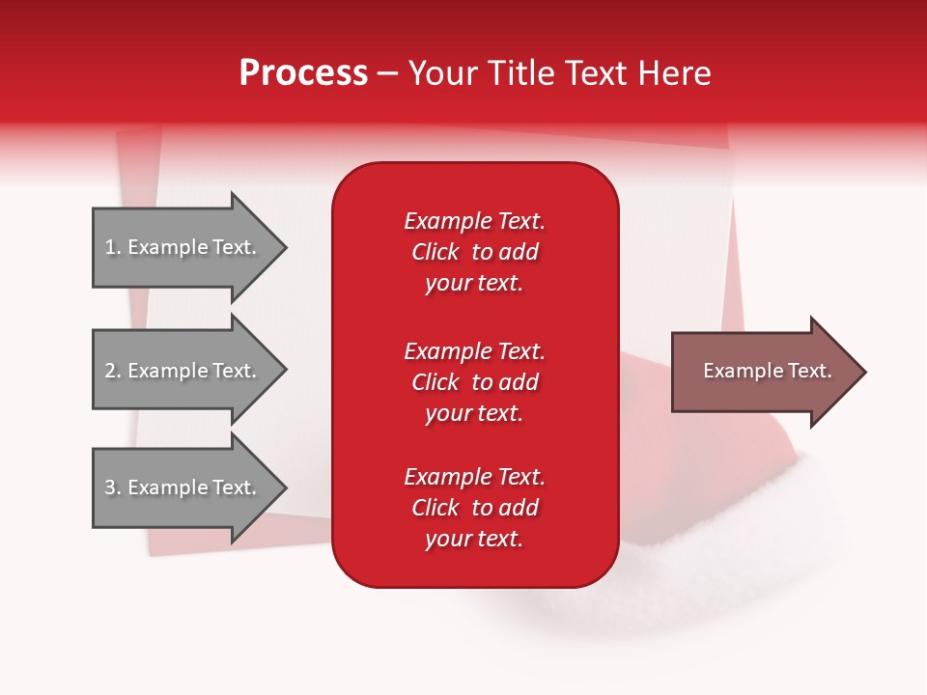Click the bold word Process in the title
click(303, 72)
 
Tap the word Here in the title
click(675, 72)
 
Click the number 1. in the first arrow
click(113, 247)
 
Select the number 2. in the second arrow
click(113, 371)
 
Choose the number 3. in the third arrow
click(113, 487)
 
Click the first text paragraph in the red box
click(474, 252)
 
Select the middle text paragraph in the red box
click(474, 382)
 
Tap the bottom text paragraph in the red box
click(474, 508)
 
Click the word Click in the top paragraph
click(435, 252)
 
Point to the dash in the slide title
click(387, 73)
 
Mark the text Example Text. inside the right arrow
click(768, 371)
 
